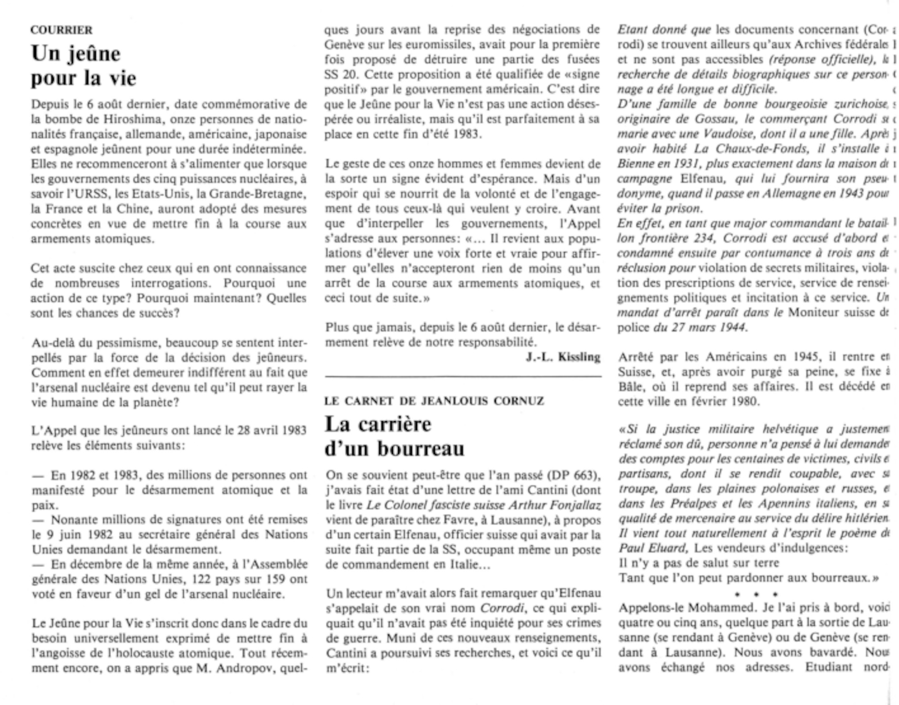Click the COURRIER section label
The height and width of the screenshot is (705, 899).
point(62,30)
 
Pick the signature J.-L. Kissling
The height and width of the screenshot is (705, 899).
point(563,357)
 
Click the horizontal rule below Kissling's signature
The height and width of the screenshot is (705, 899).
point(463,375)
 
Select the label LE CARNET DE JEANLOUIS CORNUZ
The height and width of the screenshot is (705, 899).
point(434,401)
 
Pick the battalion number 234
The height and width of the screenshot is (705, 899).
point(704,238)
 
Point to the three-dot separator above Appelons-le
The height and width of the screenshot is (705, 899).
point(757,594)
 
